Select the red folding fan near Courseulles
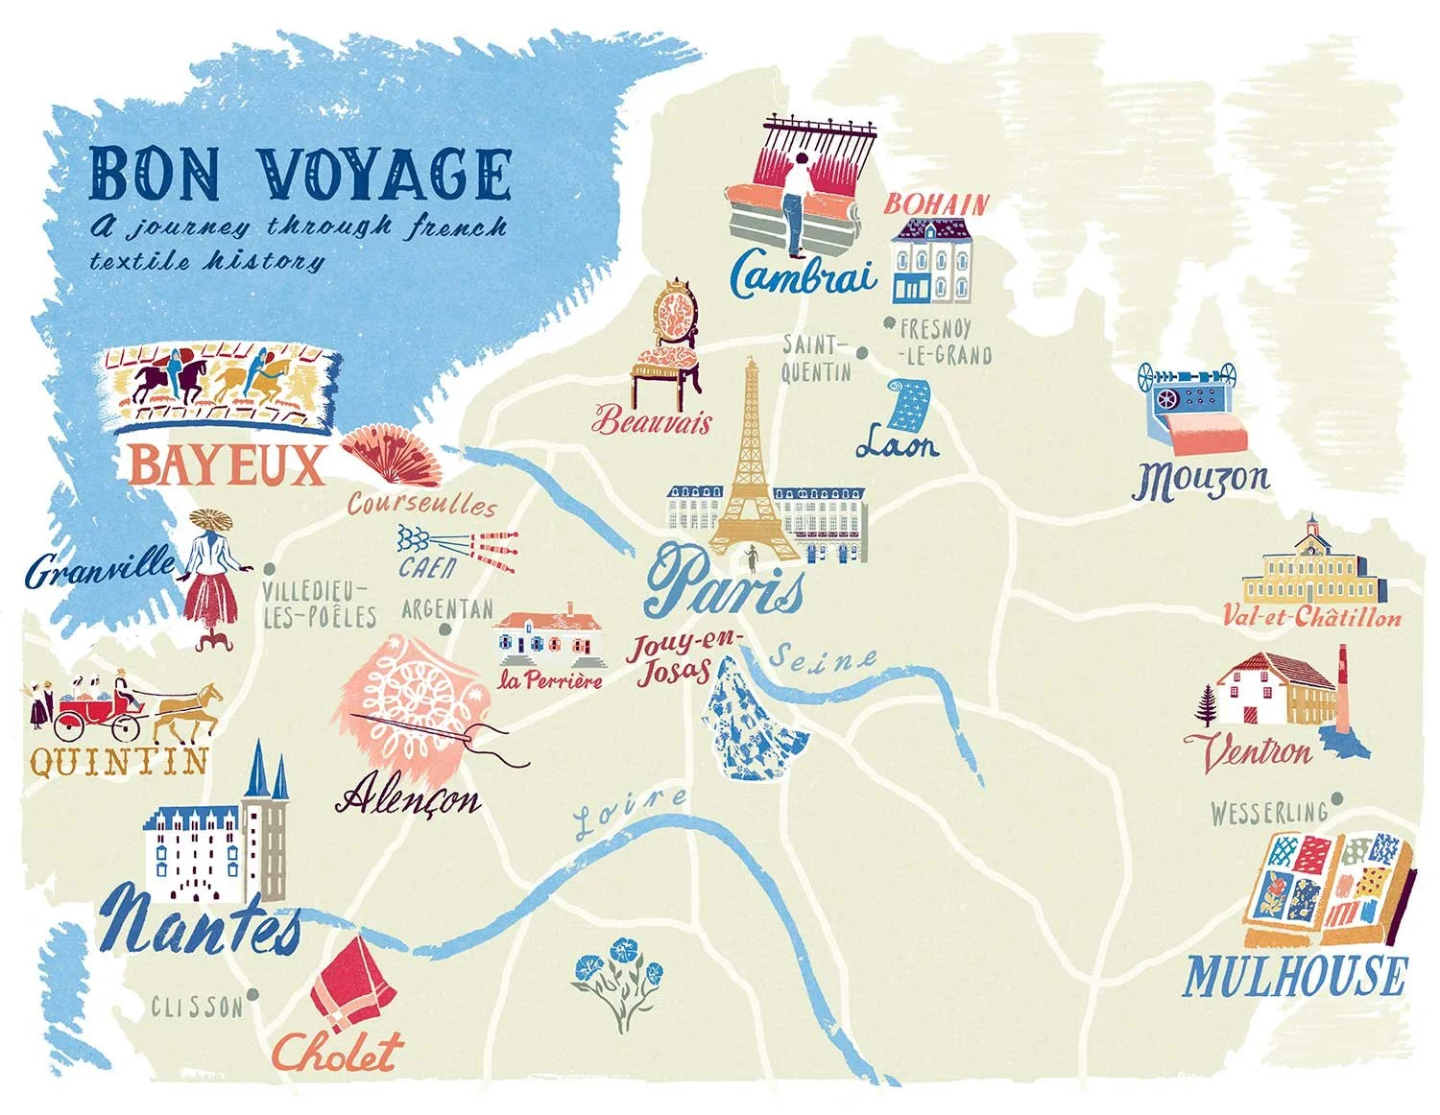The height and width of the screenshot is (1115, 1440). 394,453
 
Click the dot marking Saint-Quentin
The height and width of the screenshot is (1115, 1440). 862,353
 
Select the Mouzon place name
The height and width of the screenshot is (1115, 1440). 1200,480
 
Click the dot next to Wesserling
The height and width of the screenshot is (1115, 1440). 1337,798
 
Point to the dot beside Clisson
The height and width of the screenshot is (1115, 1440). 252,995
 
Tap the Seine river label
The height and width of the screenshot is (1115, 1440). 824,658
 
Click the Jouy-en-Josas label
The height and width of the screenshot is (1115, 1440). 674,660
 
